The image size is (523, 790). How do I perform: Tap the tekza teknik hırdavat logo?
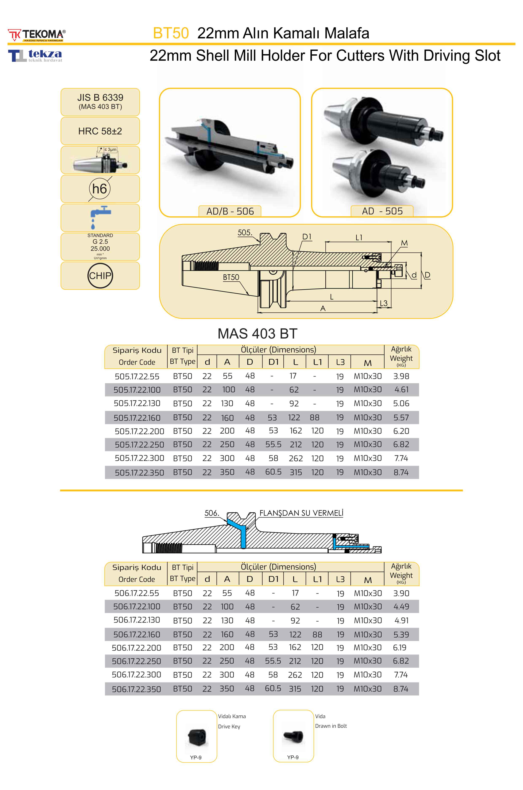pos(35,55)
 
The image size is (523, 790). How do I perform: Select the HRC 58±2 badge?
pos(100,131)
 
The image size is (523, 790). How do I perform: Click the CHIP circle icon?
pos(100,276)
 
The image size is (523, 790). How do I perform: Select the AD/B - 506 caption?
pos(230,211)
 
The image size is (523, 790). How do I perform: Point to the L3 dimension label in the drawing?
pos(384,303)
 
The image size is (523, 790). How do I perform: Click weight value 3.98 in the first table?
pos(401,376)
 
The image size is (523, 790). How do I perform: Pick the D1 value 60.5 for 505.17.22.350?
pos(273,472)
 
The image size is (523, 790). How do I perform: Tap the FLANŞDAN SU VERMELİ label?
pos(301,513)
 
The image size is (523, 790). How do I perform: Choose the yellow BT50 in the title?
pos(171,33)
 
